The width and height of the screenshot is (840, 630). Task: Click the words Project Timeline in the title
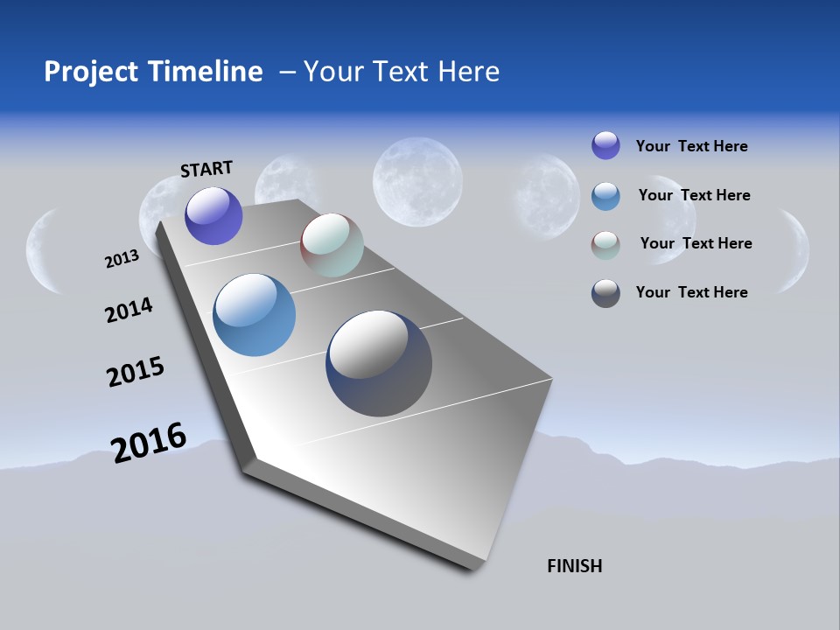coord(153,72)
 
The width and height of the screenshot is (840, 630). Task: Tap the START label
coord(206,169)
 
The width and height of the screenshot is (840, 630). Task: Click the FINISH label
coord(575,566)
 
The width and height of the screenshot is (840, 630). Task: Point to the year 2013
coord(122,259)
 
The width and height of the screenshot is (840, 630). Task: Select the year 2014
coord(129,310)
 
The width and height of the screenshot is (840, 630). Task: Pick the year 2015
coord(136,372)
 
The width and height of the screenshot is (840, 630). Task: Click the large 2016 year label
coord(149,442)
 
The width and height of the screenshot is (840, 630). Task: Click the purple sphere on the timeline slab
coord(213,216)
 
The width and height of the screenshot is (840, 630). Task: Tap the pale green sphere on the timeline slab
coord(332,245)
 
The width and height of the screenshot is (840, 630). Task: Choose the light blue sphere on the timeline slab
coord(254,315)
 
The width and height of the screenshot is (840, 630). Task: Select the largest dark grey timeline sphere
coord(379,363)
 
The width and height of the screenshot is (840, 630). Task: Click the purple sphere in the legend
coord(605,145)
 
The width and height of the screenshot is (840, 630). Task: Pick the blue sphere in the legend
coord(605,195)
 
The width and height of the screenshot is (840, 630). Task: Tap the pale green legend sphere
coord(605,245)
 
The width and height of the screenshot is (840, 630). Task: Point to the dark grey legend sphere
coord(605,293)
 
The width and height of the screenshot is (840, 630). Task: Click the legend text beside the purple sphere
coord(691,146)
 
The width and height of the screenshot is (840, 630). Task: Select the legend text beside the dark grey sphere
coord(691,292)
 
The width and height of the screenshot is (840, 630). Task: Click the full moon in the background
coord(417,182)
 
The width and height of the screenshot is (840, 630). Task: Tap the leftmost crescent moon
coord(41,250)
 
